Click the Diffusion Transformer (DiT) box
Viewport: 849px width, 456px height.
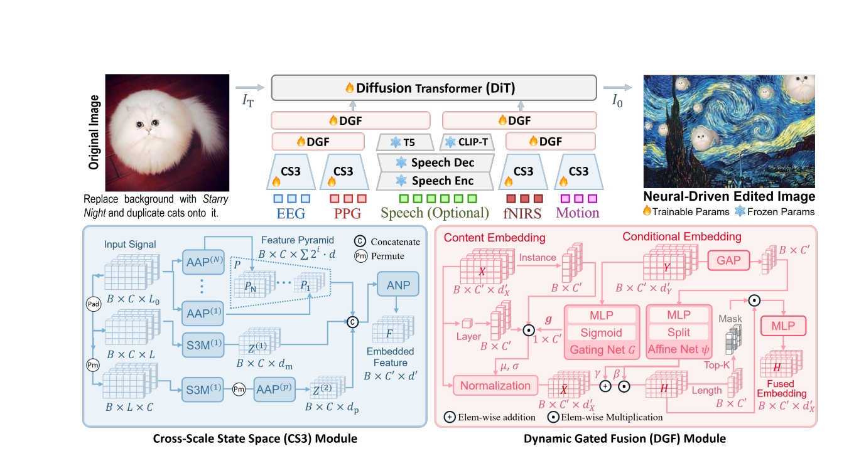point(433,88)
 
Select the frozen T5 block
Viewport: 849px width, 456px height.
point(403,142)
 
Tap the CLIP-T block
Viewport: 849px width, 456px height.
point(468,142)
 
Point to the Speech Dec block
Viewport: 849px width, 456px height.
point(435,162)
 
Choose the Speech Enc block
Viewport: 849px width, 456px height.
point(435,181)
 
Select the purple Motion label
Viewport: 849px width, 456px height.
point(578,213)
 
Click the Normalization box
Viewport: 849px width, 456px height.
point(495,386)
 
